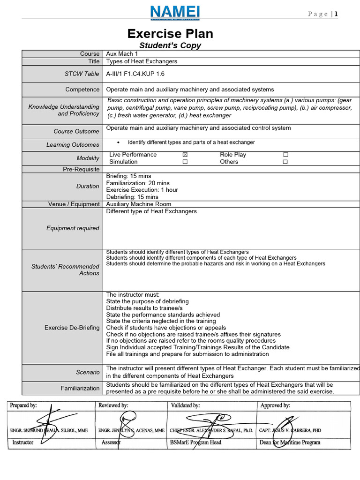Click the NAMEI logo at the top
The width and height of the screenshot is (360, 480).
[x=175, y=13]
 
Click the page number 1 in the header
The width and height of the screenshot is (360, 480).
[x=336, y=14]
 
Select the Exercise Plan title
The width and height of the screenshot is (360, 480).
[x=170, y=34]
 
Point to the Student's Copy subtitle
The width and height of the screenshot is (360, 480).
[x=170, y=45]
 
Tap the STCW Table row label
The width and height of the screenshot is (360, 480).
[x=82, y=74]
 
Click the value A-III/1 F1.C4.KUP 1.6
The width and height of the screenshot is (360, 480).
[x=135, y=74]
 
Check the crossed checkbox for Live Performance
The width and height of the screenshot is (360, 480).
[x=185, y=155]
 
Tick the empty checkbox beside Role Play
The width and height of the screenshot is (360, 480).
[x=285, y=155]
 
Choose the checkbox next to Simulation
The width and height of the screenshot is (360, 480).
[x=185, y=162]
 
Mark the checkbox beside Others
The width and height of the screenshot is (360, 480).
[x=285, y=162]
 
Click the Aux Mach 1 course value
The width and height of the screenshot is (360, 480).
[x=120, y=54]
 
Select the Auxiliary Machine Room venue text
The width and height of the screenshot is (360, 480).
[x=139, y=204]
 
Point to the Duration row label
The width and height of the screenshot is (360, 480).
[x=88, y=186]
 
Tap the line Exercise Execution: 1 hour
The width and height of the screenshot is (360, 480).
[x=142, y=190]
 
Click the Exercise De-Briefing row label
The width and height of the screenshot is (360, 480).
[x=72, y=328]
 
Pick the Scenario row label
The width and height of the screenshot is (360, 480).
[x=88, y=372]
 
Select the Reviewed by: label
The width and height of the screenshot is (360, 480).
[x=113, y=405]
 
